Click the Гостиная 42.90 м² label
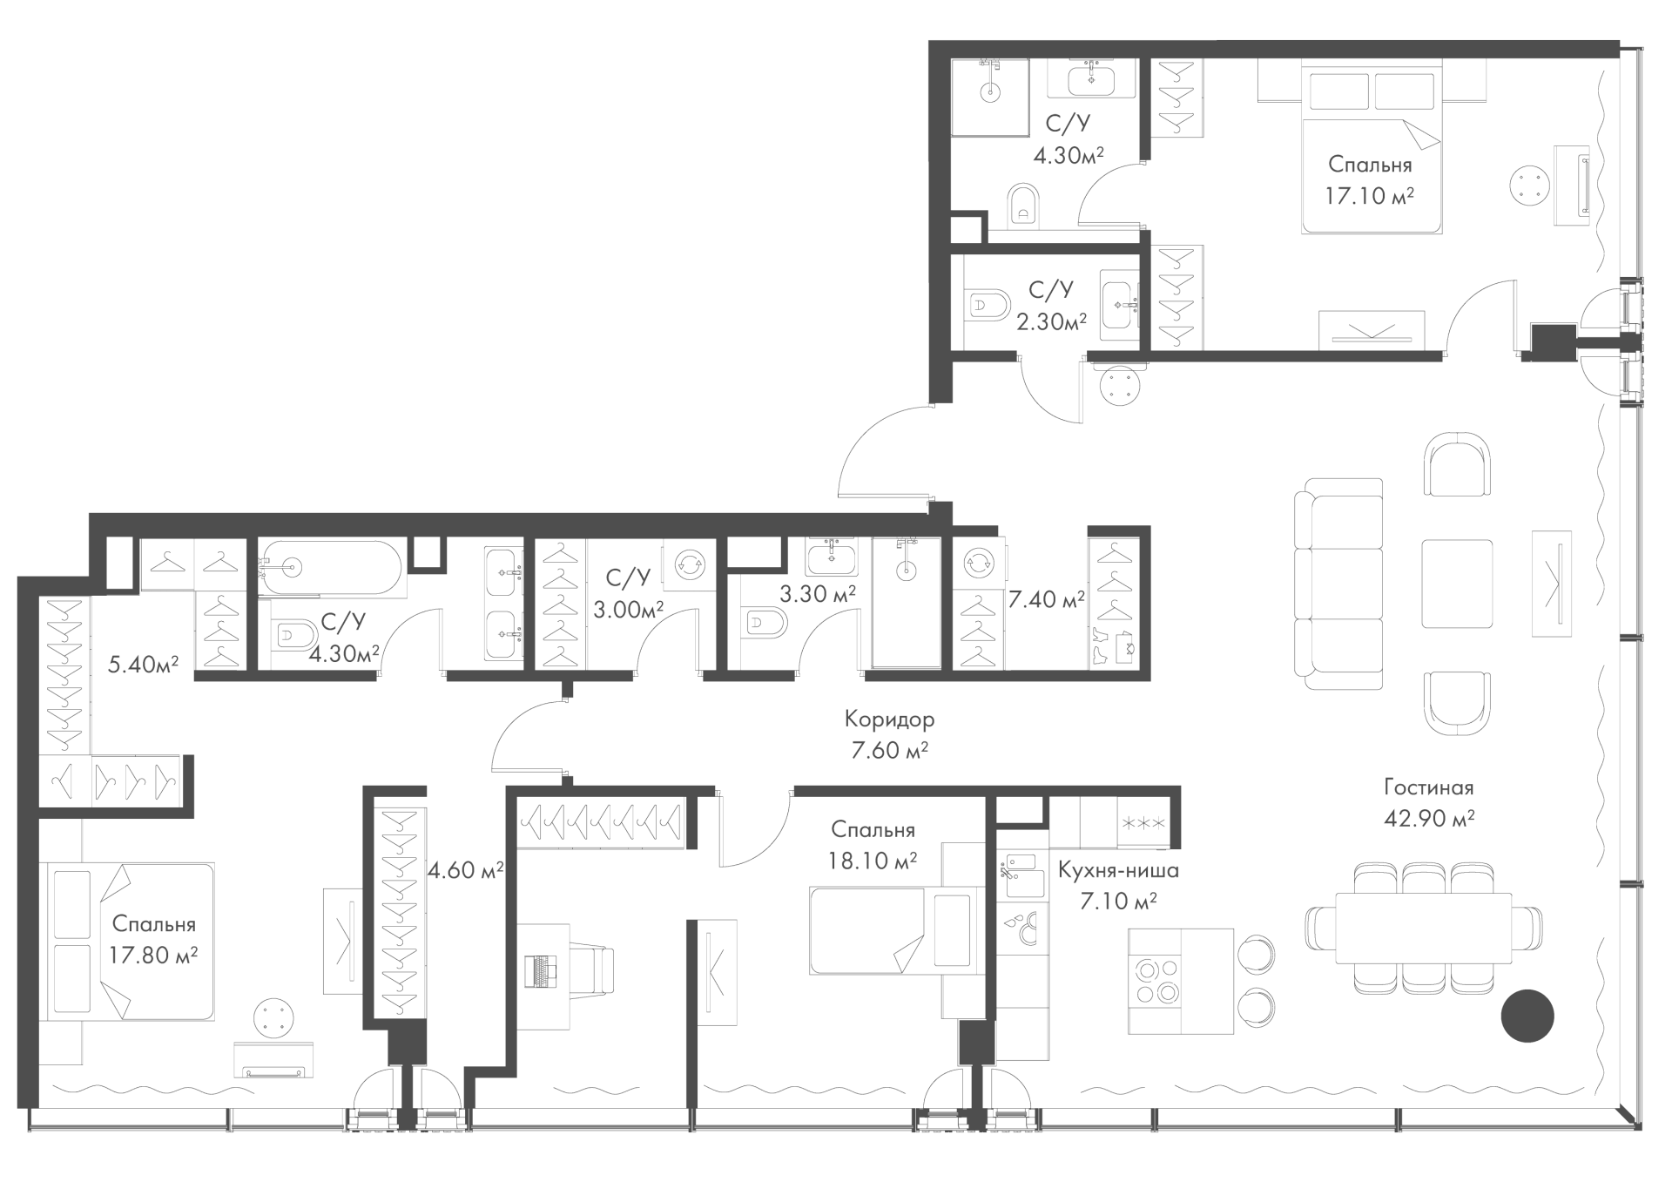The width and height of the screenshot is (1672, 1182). point(1429,802)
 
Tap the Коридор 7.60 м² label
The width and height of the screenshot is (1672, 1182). point(889,734)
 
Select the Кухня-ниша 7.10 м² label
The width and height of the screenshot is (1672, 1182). point(1119,885)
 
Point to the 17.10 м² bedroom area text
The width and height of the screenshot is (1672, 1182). point(1370,196)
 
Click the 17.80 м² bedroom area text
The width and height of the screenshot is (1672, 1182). point(154,955)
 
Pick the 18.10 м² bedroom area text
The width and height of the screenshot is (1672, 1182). point(873,861)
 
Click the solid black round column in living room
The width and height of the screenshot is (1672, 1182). point(1527,1016)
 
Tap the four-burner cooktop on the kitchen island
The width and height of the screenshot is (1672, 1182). point(1155,980)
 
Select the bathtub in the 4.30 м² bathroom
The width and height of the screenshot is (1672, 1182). point(332,569)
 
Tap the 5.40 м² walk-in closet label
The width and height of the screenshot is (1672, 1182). point(143,665)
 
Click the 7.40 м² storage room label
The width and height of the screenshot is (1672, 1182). point(1047,599)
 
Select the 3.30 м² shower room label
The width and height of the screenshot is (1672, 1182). point(817,594)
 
